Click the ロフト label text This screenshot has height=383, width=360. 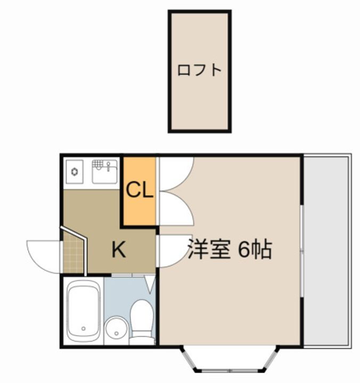pyautogui.click(x=199, y=70)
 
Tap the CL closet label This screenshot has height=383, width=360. pyautogui.click(x=140, y=190)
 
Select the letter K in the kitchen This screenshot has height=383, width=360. pyautogui.click(x=118, y=250)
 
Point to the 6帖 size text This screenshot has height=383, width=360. pyautogui.click(x=255, y=249)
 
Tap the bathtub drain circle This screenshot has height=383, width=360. pyautogui.click(x=83, y=329)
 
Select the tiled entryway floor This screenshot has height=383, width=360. pyautogui.click(x=73, y=257)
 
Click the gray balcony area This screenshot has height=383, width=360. pyautogui.click(x=327, y=250)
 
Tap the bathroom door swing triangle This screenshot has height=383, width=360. pyautogui.click(x=150, y=283)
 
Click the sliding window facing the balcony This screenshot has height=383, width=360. pyautogui.click(x=301, y=250)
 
